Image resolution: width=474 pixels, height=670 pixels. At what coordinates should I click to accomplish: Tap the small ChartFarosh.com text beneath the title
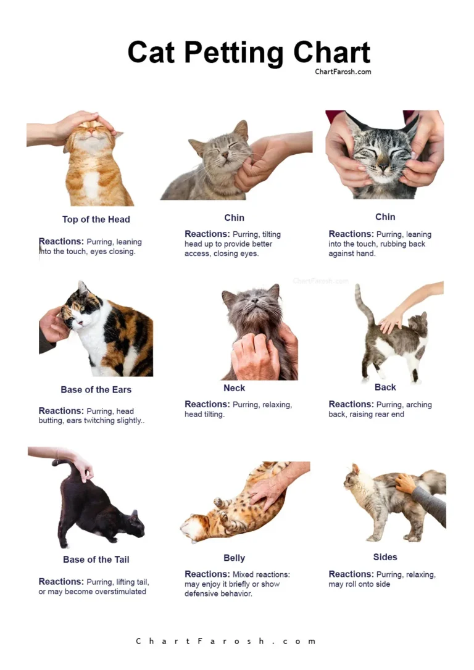[343, 72]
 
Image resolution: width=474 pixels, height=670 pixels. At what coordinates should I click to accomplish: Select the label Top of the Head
[96, 219]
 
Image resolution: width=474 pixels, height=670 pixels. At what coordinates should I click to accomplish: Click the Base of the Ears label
[96, 389]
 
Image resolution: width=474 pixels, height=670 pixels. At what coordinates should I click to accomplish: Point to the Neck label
[234, 388]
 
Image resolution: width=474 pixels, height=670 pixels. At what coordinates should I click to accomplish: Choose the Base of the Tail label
[96, 560]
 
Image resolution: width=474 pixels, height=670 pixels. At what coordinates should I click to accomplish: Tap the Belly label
[234, 558]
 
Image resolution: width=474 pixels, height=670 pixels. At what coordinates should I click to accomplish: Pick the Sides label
[385, 556]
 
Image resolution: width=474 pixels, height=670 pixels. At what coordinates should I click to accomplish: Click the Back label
[385, 387]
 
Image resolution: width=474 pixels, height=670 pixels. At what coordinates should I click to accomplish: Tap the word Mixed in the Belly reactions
[243, 574]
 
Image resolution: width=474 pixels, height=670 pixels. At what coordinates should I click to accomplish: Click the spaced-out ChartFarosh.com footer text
[226, 641]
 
